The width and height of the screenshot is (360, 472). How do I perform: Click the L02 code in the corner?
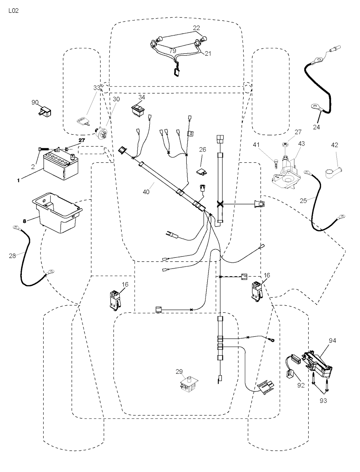point(13,11)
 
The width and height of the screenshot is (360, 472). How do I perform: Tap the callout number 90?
point(35,102)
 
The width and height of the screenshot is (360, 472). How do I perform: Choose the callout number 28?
point(12,256)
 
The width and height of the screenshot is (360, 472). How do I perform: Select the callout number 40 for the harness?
point(146,192)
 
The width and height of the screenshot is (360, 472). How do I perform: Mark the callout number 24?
point(316,127)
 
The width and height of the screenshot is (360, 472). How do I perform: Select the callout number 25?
point(303,200)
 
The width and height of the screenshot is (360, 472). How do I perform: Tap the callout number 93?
point(323,400)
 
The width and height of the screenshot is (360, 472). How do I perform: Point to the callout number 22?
point(197,28)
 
